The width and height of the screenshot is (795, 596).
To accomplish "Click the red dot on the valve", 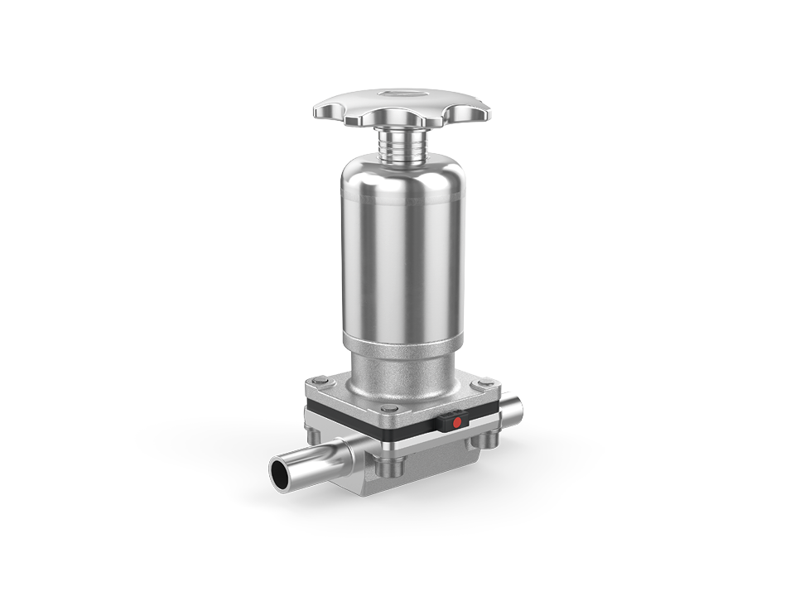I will point(455,423).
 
